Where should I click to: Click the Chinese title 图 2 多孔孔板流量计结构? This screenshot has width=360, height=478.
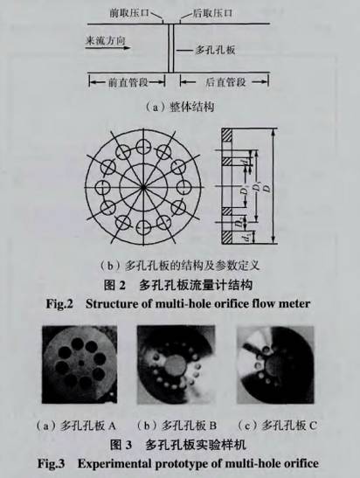coord(178,284)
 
